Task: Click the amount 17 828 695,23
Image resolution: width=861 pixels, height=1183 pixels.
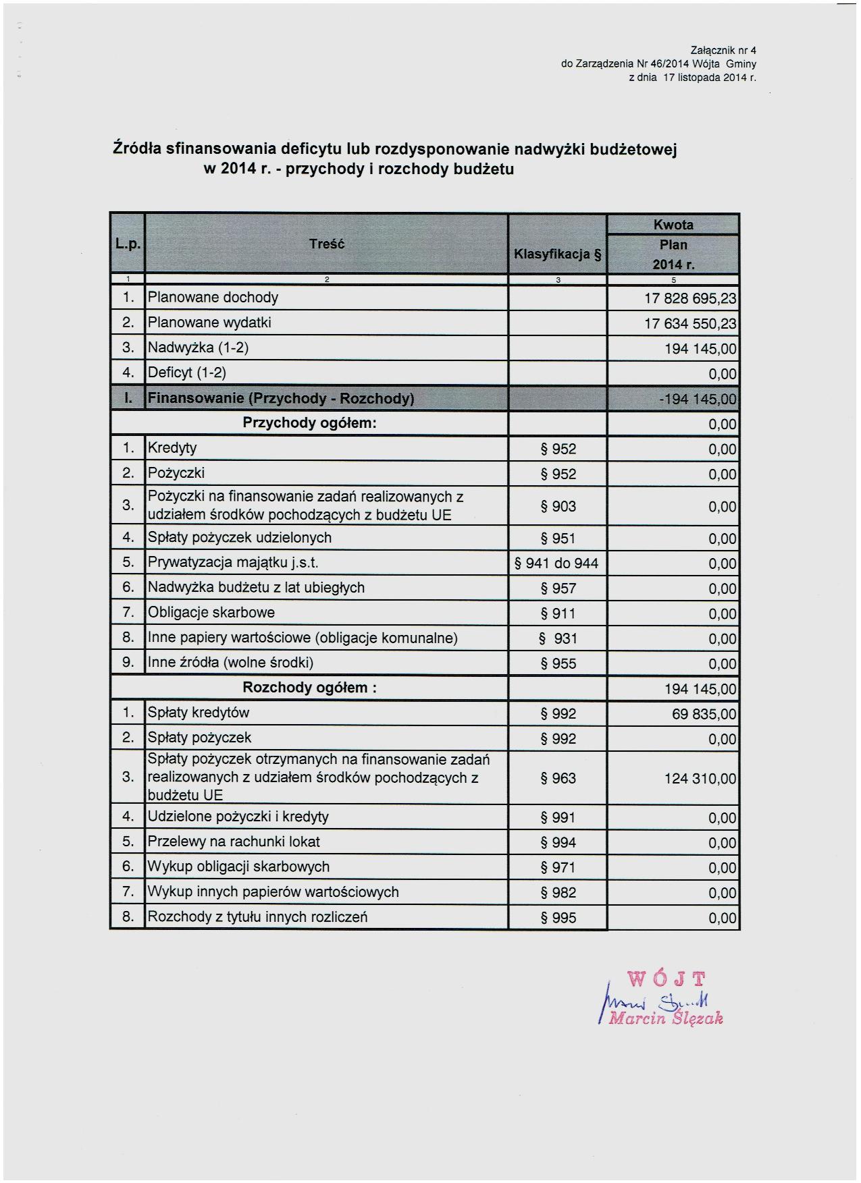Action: [690, 298]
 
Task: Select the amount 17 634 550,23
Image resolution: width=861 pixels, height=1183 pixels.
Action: [690, 323]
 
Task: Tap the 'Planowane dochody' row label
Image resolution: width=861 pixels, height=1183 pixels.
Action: [213, 298]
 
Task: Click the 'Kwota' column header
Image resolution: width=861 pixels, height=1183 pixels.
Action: [673, 225]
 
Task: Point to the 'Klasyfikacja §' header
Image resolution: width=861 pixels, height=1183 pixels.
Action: [557, 254]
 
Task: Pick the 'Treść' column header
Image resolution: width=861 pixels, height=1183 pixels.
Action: [327, 244]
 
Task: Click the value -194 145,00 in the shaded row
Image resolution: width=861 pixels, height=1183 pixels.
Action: [698, 399]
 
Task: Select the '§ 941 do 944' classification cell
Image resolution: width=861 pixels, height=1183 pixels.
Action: [556, 563]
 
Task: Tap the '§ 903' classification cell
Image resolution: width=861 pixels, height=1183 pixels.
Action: [558, 506]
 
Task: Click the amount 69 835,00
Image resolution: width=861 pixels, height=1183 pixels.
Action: [704, 714]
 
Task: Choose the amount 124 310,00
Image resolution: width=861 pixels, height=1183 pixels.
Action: [700, 779]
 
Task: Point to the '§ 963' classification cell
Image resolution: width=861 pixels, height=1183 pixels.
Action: [558, 779]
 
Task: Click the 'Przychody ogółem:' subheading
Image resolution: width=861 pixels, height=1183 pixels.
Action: [309, 423]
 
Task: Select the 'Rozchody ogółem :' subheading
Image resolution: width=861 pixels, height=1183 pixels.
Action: [309, 688]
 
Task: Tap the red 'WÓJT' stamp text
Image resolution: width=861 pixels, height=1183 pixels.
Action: [667, 979]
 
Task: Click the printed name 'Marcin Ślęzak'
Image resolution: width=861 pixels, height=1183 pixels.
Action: [666, 1018]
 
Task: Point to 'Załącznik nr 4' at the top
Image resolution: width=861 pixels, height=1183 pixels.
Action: [723, 50]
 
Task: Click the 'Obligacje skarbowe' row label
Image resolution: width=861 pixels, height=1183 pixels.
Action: [211, 613]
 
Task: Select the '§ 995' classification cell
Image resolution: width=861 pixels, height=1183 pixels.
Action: [558, 918]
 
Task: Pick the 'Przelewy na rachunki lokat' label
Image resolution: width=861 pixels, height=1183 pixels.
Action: [234, 842]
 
